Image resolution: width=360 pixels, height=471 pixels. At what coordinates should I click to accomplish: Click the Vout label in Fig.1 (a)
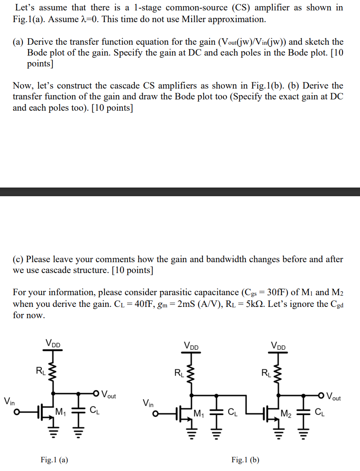click(108, 395)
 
